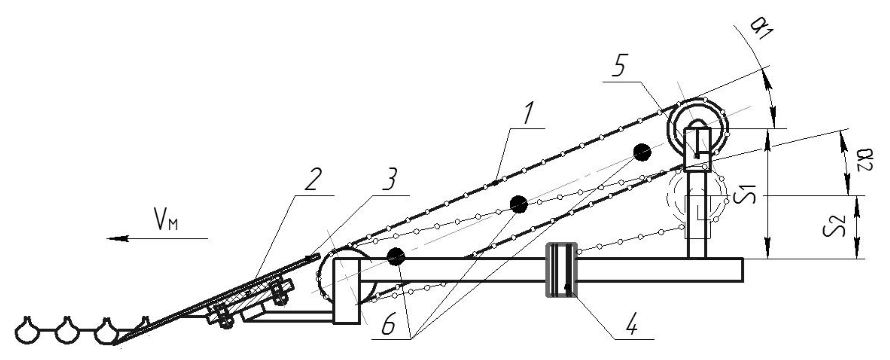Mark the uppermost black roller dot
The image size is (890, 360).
click(642, 152)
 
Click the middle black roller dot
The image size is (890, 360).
click(519, 204)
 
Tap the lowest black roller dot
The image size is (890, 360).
click(395, 257)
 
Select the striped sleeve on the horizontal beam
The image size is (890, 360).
click(561, 270)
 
